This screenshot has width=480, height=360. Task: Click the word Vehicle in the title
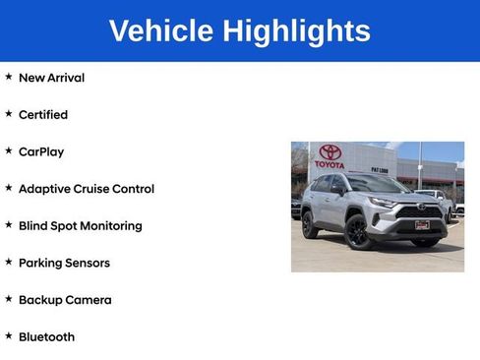161,30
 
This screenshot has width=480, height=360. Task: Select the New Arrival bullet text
51,78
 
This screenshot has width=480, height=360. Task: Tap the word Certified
43,115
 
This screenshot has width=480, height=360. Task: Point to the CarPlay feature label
41,152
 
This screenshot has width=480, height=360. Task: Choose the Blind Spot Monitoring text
81,226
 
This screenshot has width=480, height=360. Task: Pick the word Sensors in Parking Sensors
89,263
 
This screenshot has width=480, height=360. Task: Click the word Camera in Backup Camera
89,300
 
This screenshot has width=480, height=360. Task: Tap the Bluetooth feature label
46,337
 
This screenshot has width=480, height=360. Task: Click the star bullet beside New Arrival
9,77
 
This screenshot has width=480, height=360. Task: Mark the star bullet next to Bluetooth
9,336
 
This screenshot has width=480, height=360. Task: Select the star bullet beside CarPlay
9,151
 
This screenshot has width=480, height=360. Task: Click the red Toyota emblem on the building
330,152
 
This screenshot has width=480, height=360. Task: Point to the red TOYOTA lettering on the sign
330,164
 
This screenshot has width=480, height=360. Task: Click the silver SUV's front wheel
355,232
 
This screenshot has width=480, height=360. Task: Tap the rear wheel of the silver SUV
311,224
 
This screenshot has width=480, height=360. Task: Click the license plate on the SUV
422,224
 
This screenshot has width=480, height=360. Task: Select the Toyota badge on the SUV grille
423,207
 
